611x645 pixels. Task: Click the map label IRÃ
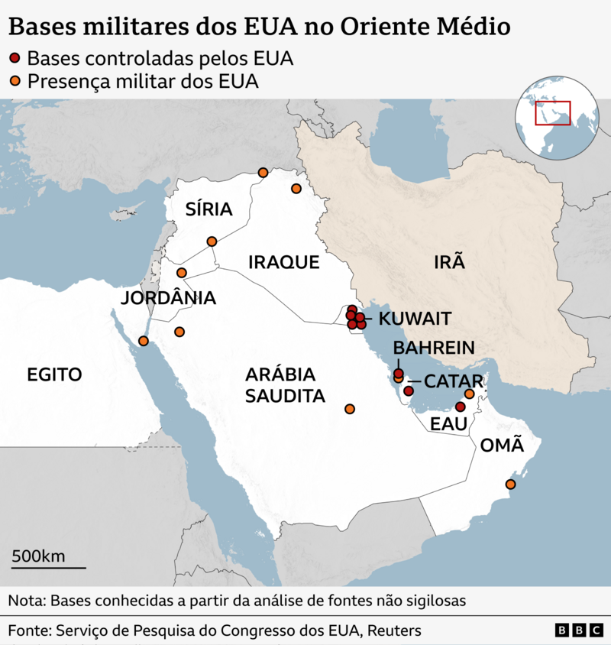(x=449, y=263)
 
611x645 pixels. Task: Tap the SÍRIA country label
(x=209, y=210)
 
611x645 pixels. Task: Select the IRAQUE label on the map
(x=283, y=263)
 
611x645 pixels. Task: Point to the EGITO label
(x=54, y=374)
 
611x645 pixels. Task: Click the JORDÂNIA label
(x=168, y=298)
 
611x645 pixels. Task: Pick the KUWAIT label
(x=415, y=319)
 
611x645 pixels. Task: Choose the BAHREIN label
(x=434, y=348)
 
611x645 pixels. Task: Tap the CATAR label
(x=453, y=381)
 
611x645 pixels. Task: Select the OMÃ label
(x=502, y=445)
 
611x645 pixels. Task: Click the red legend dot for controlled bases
(x=16, y=59)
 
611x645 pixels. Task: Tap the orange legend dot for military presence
(x=16, y=81)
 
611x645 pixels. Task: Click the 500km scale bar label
(x=38, y=556)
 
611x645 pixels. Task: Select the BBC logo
(x=578, y=630)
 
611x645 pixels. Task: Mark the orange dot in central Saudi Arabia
(x=350, y=409)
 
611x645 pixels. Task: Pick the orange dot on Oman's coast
(x=510, y=485)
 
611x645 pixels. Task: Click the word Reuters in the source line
(x=394, y=631)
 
